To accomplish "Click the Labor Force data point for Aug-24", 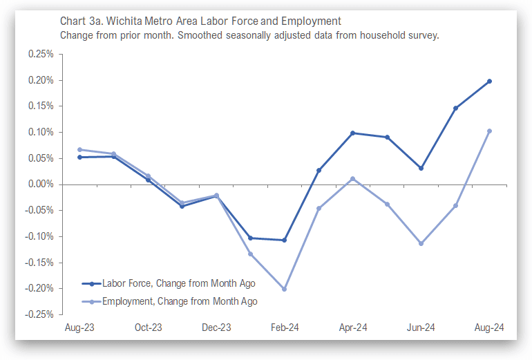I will [489, 81].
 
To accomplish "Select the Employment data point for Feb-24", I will [284, 289].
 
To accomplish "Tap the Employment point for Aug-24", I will [489, 131].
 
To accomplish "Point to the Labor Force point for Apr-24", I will [352, 133].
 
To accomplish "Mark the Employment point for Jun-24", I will [421, 243].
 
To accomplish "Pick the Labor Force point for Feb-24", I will [284, 240].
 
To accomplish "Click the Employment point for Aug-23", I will [79, 149].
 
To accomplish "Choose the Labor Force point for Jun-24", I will [421, 168].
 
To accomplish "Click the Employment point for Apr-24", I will [352, 178].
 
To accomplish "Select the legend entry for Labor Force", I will [178, 283].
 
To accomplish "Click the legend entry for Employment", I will [180, 301].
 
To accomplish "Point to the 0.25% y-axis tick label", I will [41, 54].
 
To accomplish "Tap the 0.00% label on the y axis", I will [41, 184].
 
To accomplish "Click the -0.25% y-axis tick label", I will [40, 314].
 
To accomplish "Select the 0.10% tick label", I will [41, 132].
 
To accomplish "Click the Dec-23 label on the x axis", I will [216, 328].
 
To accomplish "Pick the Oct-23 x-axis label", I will [148, 328].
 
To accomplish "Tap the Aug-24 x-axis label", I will [489, 328].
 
